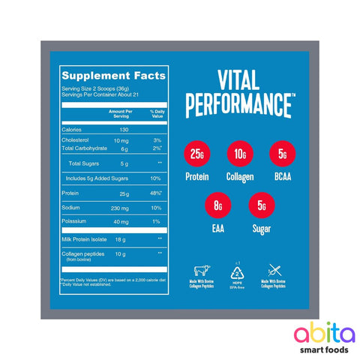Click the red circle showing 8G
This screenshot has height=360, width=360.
[x=218, y=203]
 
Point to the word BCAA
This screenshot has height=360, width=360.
[x=281, y=177]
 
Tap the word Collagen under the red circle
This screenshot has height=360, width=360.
[x=239, y=177]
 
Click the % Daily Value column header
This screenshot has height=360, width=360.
[x=157, y=113]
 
